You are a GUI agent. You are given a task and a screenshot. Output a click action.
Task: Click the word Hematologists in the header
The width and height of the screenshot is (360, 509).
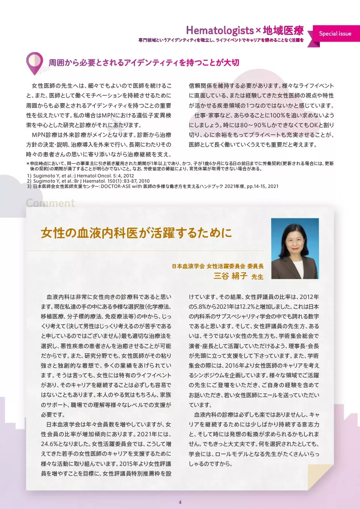[220, 30]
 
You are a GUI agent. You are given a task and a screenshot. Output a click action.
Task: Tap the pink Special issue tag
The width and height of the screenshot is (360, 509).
[335, 34]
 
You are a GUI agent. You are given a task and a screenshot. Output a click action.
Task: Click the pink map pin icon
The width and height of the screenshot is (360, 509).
[34, 63]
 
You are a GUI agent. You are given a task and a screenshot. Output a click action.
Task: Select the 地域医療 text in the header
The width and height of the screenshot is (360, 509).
[283, 30]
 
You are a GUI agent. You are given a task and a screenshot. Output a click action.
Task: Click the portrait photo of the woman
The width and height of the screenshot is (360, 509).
[295, 248]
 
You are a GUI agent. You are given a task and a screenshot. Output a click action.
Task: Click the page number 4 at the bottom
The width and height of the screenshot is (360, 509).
[180, 502]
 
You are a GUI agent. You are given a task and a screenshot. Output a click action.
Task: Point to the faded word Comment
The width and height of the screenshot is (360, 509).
[50, 203]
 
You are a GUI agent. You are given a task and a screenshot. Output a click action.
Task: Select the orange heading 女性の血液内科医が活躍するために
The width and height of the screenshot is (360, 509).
[136, 233]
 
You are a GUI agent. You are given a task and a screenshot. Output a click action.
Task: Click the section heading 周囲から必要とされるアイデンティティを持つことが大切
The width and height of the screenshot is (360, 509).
[144, 63]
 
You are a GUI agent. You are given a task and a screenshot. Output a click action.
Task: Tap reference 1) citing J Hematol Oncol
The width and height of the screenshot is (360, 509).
[80, 176]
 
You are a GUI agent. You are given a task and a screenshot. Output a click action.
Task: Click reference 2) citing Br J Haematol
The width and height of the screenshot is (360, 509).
[88, 181]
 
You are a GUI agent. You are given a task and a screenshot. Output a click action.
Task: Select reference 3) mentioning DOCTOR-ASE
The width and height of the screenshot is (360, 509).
[153, 186]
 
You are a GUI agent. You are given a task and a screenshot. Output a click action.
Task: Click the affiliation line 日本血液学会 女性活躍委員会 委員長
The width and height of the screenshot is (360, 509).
[217, 266]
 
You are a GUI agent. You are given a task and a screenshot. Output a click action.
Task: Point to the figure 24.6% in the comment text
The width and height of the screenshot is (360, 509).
[51, 444]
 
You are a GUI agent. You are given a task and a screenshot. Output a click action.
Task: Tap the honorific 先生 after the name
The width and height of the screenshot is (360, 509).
[257, 277]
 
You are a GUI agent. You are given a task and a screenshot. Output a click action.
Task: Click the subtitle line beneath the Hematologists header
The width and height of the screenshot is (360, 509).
[221, 40]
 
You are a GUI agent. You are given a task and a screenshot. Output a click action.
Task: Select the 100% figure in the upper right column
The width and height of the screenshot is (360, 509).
[277, 116]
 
